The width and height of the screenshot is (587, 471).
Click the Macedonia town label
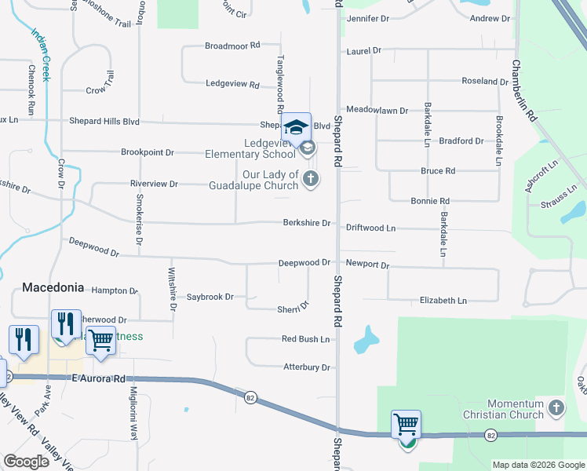(x=53, y=287)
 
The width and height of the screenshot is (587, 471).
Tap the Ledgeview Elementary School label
(x=262, y=148)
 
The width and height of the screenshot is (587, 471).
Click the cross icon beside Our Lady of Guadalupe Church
(x=311, y=179)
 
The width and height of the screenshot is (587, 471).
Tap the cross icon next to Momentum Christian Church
(x=556, y=407)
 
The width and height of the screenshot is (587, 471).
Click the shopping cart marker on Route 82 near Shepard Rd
(x=406, y=425)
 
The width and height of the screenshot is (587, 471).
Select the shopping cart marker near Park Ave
(x=100, y=341)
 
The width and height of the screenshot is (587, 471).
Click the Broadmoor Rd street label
(x=232, y=46)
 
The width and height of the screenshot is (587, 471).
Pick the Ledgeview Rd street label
(x=232, y=83)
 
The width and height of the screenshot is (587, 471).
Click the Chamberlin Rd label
(x=524, y=90)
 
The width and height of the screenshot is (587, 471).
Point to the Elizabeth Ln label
(x=443, y=301)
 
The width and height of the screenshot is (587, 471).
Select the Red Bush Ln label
(x=306, y=339)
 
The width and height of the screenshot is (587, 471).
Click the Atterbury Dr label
(x=306, y=367)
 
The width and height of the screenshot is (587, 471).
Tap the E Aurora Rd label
(x=99, y=378)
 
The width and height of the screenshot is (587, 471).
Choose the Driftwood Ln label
(x=371, y=228)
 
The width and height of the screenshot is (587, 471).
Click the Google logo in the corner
(x=26, y=462)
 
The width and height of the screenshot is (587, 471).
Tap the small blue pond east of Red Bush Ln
(x=366, y=339)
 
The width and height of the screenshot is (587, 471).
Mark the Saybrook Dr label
(x=210, y=297)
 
